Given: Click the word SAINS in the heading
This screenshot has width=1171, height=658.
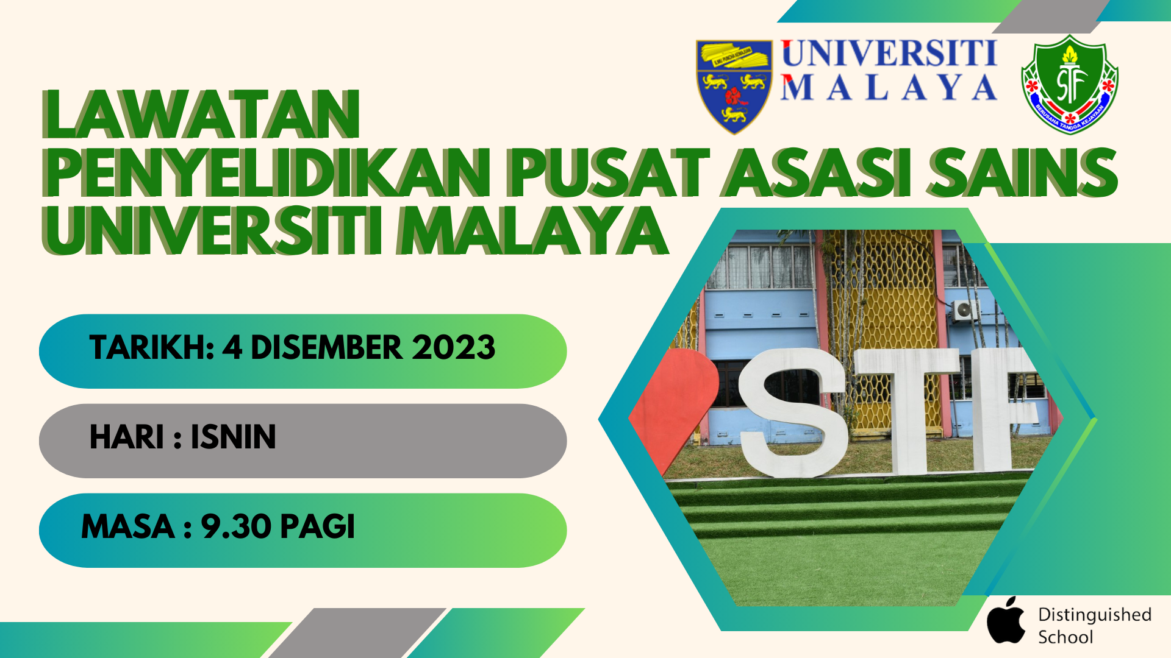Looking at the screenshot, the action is (x=1022, y=174).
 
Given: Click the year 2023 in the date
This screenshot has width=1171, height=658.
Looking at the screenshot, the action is (x=453, y=348).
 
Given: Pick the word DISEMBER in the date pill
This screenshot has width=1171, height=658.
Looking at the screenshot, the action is (x=326, y=348).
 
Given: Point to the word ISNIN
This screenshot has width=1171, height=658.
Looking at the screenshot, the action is (x=233, y=437).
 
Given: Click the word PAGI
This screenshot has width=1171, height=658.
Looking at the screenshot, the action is (x=317, y=526).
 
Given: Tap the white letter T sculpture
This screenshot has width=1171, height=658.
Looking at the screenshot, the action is (x=907, y=411).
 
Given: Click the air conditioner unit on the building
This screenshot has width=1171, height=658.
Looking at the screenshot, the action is (x=964, y=310).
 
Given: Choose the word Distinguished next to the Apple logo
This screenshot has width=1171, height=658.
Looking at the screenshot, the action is (x=1095, y=615).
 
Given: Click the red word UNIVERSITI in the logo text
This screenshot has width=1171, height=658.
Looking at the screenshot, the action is (x=889, y=53).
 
